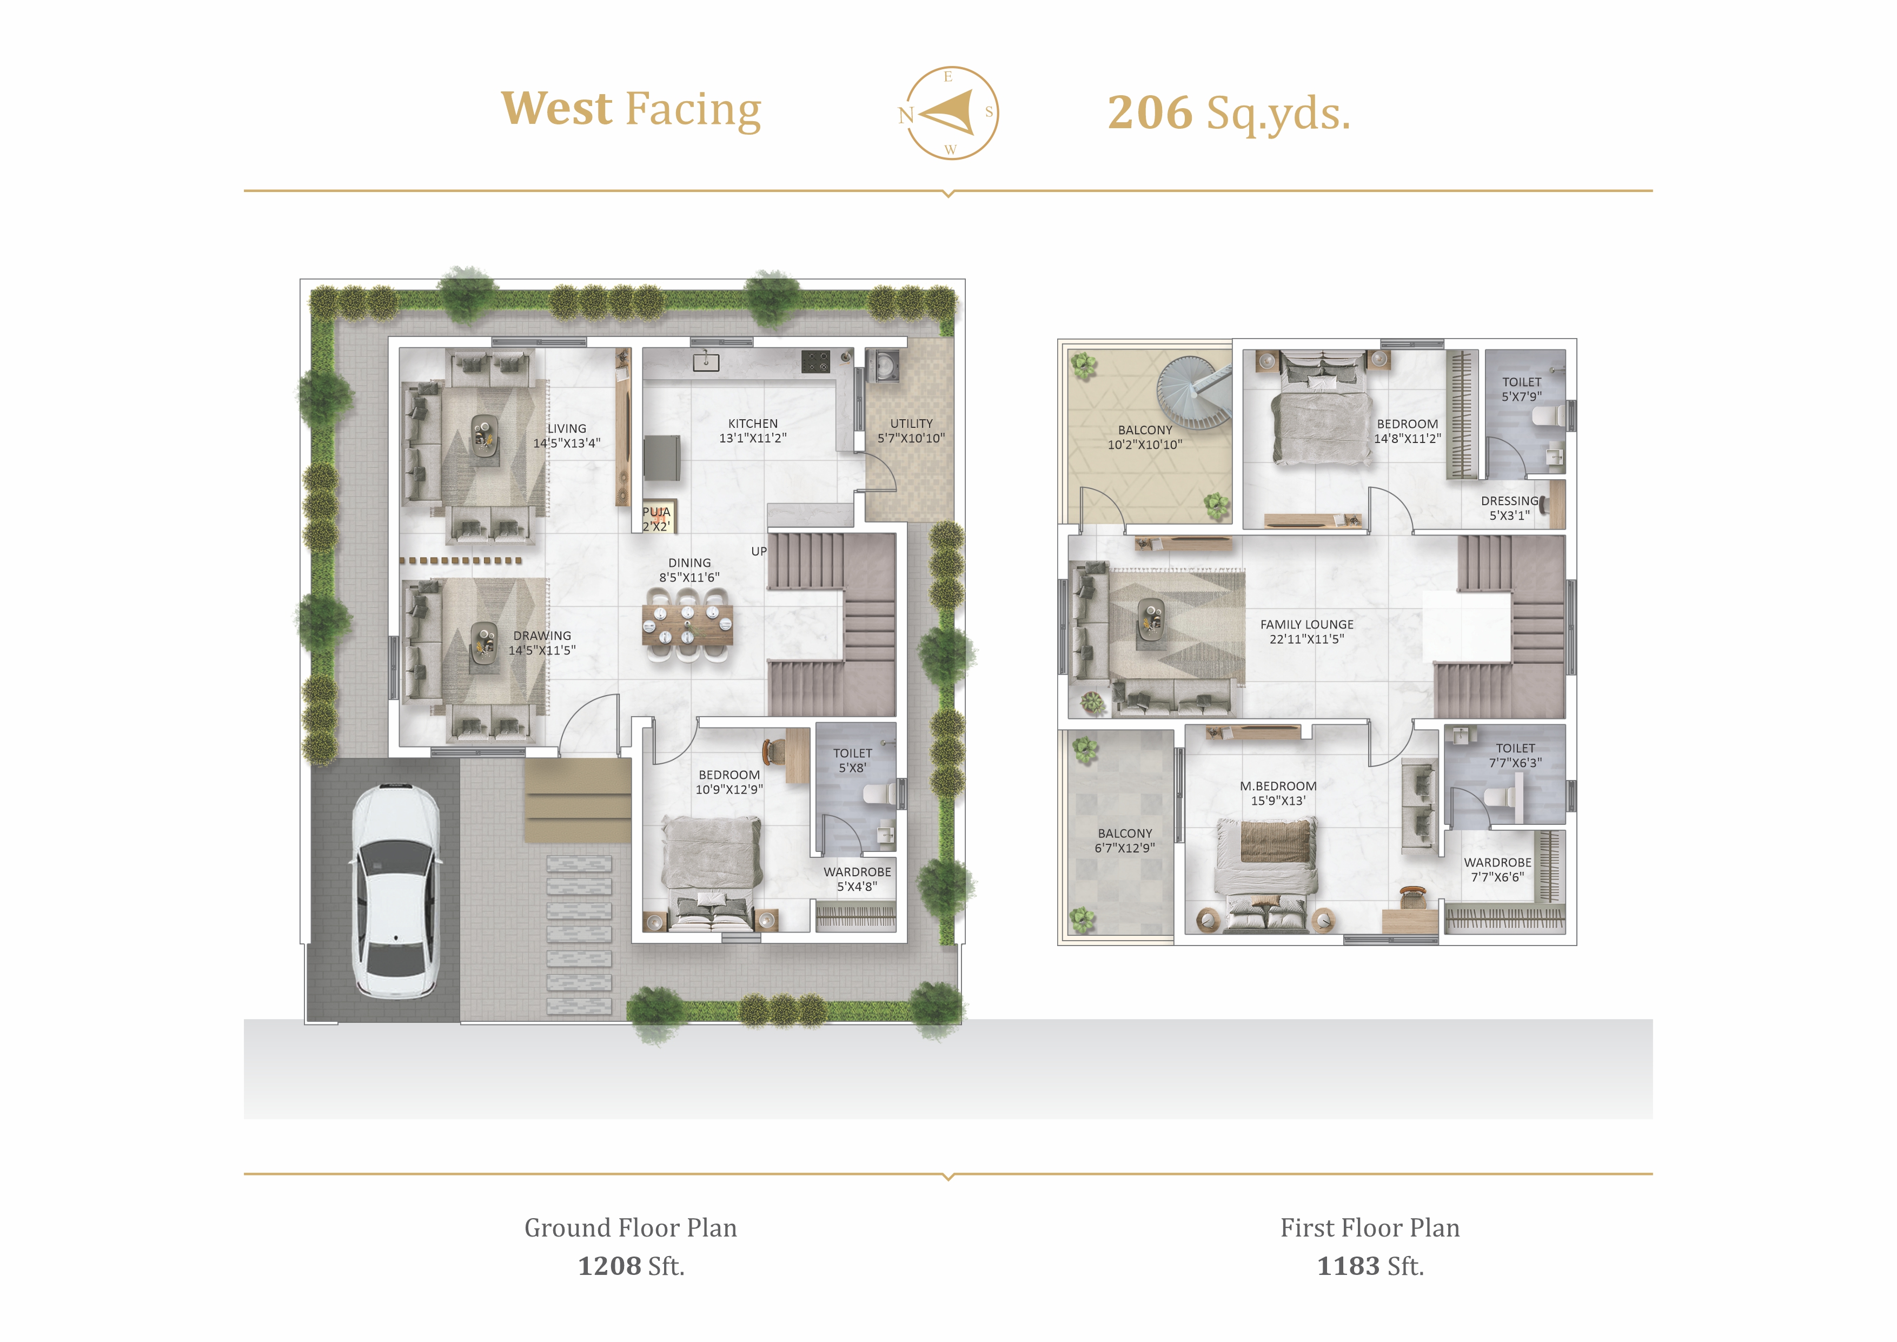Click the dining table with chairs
687,625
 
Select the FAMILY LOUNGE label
1307,625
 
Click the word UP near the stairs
759,551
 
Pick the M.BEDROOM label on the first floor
1278,786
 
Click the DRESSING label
1509,501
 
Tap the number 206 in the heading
1150,113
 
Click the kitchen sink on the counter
706,361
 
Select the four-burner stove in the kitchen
815,361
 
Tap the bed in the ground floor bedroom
711,872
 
